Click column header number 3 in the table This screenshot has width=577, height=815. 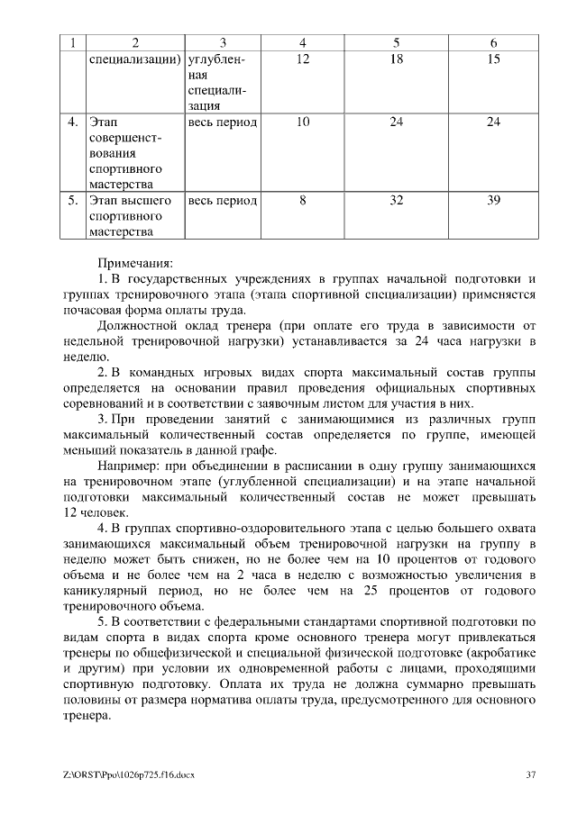point(223,42)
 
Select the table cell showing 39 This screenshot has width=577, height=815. point(493,201)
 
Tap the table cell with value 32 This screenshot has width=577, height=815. point(396,201)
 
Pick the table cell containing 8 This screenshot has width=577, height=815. point(303,201)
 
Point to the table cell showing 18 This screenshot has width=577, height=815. point(396,59)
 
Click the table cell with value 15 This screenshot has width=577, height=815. point(493,59)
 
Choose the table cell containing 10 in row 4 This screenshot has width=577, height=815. point(303,122)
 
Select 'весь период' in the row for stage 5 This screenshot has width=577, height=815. point(223,201)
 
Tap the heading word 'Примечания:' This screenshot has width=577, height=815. point(133,263)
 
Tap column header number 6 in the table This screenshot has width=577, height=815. point(493,42)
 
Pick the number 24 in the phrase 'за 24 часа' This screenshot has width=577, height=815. point(423,341)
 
